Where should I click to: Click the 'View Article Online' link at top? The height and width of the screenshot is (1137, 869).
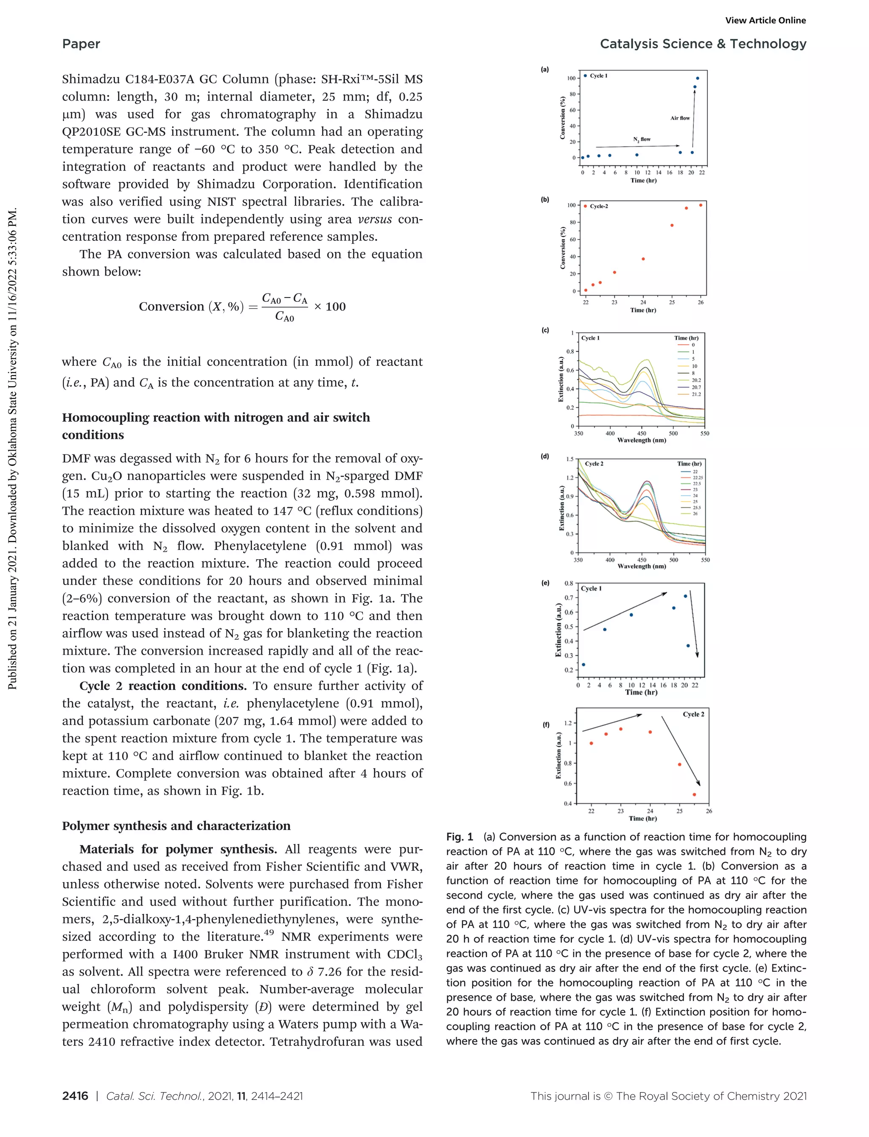coord(765,21)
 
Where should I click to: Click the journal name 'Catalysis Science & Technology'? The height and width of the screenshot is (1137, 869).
coord(703,44)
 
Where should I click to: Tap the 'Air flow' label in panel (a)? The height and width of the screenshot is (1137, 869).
coord(680,118)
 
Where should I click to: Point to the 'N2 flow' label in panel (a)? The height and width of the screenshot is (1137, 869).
coord(642,139)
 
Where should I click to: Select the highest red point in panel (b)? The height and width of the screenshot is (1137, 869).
coord(701,205)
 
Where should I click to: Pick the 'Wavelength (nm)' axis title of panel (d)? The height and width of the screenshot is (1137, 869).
coord(642,566)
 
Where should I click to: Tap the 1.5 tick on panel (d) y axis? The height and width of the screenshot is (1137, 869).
coord(569,459)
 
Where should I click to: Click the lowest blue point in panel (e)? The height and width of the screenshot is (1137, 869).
coord(583,665)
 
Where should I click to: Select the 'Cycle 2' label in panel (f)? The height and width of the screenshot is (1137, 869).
coord(693,714)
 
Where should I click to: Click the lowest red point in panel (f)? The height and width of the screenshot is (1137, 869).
coord(694,794)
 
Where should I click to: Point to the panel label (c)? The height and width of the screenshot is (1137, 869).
coord(545,330)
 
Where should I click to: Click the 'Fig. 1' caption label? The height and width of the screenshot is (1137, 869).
coord(460,837)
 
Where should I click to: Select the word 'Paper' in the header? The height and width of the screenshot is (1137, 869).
coord(81,44)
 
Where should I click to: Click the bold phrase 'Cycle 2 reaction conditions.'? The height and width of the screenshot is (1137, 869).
coord(163,686)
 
